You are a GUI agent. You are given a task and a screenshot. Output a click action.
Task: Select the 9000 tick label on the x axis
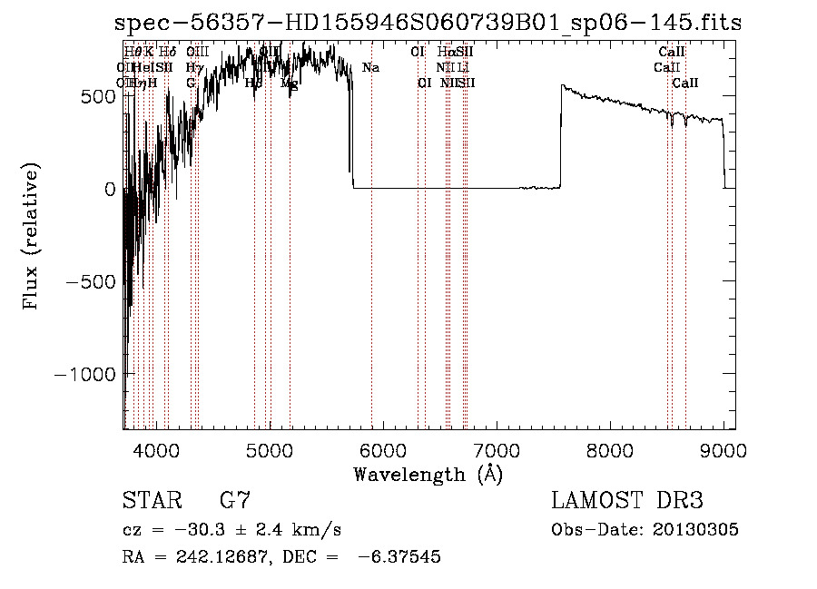723,449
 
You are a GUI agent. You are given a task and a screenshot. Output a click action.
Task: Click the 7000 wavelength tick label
497,449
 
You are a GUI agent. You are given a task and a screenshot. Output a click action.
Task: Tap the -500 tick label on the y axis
93,281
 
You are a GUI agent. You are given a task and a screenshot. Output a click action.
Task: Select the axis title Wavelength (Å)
428,474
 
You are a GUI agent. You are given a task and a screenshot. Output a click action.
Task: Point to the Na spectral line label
370,68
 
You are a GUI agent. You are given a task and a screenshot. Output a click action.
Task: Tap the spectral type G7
235,500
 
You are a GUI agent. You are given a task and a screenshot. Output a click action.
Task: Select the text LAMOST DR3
627,500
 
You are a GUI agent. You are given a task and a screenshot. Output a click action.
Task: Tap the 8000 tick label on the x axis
610,449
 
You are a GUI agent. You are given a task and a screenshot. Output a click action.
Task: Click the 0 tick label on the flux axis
111,189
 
